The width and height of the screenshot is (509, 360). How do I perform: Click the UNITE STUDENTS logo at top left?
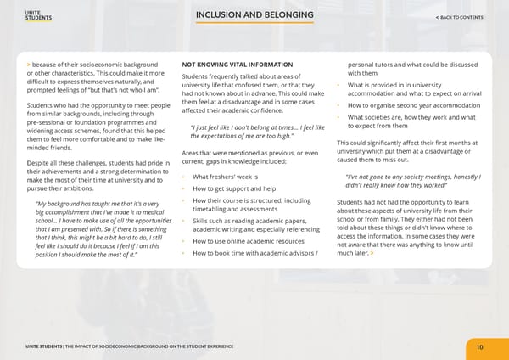tap(40, 16)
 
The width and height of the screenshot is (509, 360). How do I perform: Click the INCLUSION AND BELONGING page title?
tap(254, 16)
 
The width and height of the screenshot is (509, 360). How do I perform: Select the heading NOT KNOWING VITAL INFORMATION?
tap(238, 65)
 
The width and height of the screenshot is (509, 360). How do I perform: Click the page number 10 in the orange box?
tap(479, 346)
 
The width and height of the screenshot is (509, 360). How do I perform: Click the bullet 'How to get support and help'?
tap(234, 188)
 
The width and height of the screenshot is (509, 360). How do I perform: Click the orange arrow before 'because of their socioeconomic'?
tap(29, 65)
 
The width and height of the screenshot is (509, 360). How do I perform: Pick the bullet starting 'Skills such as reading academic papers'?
tap(253, 223)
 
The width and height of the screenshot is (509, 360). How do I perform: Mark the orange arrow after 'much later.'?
tap(371, 253)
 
